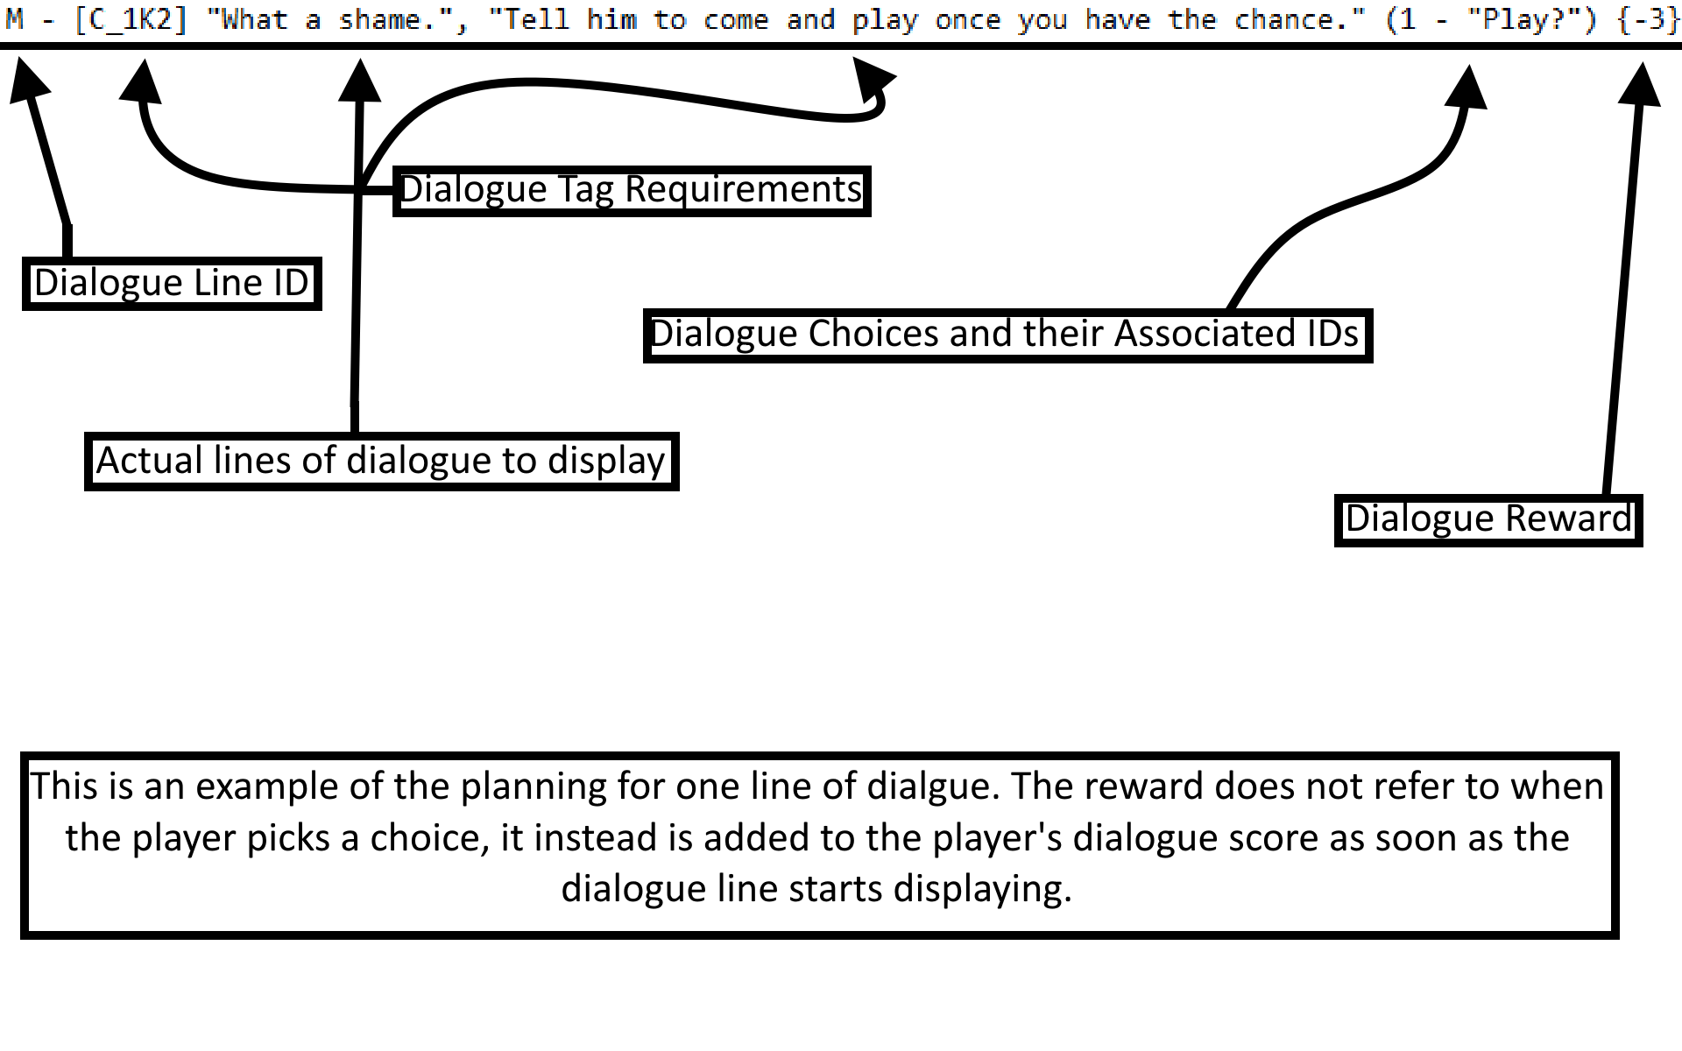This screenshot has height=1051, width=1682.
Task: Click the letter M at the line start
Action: pos(15,19)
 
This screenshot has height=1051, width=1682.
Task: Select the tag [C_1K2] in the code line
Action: pos(131,19)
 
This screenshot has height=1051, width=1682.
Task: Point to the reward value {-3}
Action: pos(1648,19)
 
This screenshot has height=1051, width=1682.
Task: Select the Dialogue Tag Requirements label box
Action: pos(631,190)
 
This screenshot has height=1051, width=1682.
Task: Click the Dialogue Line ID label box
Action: pos(172,283)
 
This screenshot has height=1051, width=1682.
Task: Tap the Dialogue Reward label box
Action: pos(1488,519)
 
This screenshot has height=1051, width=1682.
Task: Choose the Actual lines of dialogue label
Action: pos(381,461)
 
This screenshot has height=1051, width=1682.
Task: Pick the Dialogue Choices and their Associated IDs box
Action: pos(1007,335)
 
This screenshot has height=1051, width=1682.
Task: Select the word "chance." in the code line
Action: pos(1300,19)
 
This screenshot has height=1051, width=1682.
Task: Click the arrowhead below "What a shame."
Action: pos(359,81)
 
